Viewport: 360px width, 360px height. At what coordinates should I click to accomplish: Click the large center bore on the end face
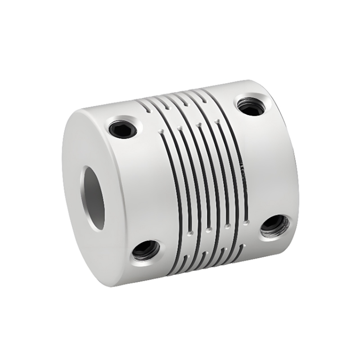[x=93, y=191]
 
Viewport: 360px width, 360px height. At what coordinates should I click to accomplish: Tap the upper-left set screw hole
[x=123, y=128]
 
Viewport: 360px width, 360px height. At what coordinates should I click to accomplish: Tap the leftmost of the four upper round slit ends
[x=161, y=131]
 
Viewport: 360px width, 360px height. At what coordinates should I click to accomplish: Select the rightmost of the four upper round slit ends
[x=218, y=121]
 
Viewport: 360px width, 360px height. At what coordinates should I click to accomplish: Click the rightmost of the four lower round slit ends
[x=246, y=222]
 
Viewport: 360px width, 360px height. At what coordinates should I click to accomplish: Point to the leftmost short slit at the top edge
[x=144, y=108]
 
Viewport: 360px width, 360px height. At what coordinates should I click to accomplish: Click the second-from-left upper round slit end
[x=180, y=128]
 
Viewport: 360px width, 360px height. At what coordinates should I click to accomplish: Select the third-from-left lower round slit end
[x=228, y=226]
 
